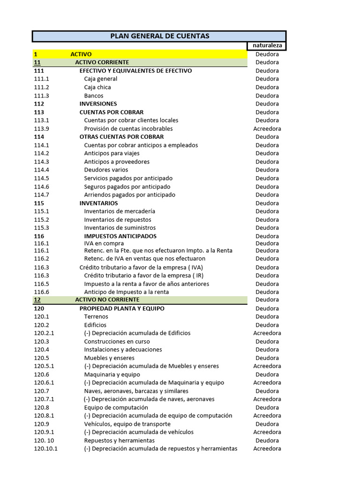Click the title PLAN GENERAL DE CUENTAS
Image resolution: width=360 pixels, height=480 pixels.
(159, 36)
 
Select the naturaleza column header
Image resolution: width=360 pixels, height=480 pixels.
(267, 45)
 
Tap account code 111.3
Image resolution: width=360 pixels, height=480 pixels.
(42, 96)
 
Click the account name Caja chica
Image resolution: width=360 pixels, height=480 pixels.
(97, 87)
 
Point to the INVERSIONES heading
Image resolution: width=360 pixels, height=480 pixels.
(98, 104)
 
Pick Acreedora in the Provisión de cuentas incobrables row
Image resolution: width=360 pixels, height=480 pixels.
(267, 128)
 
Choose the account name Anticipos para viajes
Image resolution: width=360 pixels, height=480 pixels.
(112, 153)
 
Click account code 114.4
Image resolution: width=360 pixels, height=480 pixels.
(42, 170)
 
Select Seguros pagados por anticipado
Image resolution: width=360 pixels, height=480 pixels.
(127, 187)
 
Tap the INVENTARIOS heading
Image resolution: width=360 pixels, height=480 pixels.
(99, 203)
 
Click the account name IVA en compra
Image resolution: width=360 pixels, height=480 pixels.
(104, 243)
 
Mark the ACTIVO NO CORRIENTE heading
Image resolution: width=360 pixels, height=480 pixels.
(107, 300)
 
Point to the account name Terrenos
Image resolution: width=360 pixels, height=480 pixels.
(96, 316)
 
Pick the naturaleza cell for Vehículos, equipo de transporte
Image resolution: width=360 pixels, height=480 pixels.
(267, 424)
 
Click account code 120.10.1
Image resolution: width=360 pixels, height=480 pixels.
(46, 449)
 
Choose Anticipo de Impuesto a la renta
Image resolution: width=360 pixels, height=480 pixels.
(127, 292)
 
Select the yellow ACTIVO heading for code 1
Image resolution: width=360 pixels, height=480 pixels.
(81, 54)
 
